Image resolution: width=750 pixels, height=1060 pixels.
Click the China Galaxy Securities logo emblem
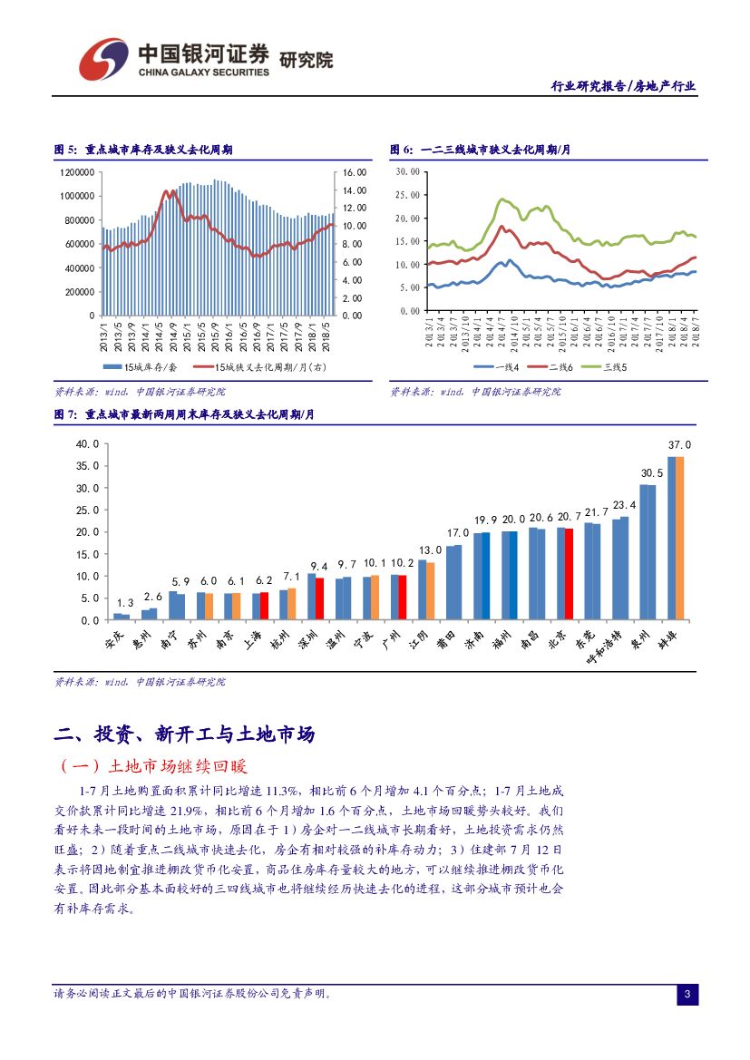[x=102, y=59]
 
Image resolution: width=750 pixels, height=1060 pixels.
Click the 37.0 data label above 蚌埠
[x=679, y=445]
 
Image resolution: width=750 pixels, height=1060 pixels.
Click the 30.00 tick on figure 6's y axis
[x=408, y=170]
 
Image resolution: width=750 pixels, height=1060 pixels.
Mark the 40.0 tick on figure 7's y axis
[x=87, y=444]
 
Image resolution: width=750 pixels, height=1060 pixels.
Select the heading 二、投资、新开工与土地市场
[x=185, y=734]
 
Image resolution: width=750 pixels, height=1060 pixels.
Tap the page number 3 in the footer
[x=687, y=996]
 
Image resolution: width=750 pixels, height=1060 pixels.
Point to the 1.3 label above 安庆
[x=125, y=603]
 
